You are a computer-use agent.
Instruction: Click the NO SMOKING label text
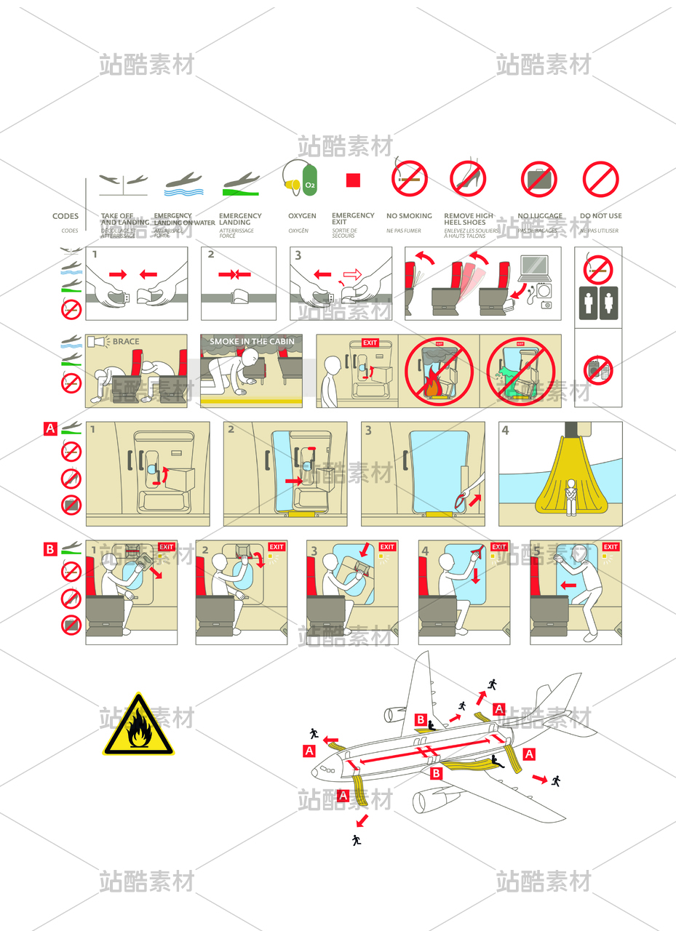409,216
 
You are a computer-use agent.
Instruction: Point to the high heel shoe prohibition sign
468,179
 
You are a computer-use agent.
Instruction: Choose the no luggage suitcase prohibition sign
538,179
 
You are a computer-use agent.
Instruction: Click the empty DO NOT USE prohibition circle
600,179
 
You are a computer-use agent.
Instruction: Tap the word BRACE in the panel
126,341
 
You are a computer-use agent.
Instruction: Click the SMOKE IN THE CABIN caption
252,341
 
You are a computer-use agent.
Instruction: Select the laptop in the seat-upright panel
535,268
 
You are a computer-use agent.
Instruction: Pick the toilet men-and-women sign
598,302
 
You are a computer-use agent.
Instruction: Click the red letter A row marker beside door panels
50,428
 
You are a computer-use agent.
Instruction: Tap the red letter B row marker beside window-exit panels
50,549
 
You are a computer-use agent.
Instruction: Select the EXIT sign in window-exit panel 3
387,547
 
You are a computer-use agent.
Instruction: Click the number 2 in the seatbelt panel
211,255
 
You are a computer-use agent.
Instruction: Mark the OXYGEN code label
302,216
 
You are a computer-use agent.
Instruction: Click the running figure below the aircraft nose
356,840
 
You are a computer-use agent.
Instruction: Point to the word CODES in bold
65,216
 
